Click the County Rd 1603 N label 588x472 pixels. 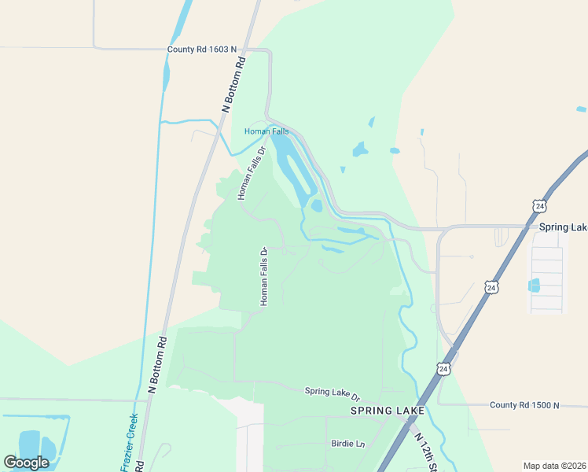tap(202, 50)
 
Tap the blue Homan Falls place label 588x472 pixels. tap(266, 131)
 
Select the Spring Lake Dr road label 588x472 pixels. tap(332, 392)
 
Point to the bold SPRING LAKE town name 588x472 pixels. tap(388, 411)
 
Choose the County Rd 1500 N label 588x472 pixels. tap(524, 405)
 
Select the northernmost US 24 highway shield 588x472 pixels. tap(538, 205)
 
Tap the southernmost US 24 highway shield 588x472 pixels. tap(443, 368)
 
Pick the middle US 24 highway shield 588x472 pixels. tap(491, 287)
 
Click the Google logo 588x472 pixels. tap(27, 463)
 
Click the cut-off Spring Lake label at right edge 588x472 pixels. tap(563, 227)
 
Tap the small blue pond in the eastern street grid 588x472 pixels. tap(535, 285)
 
